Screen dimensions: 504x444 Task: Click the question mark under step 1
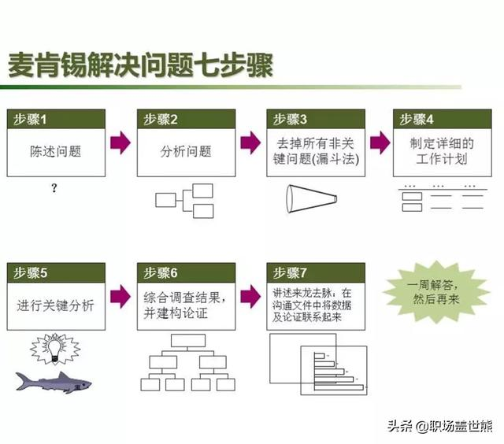pos(54,189)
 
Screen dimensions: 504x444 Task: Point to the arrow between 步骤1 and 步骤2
pos(120,142)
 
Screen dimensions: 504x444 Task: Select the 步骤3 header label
pos(314,120)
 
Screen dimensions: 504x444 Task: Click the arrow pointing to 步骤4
pos(380,142)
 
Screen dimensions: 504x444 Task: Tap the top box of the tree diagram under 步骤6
pos(186,341)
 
